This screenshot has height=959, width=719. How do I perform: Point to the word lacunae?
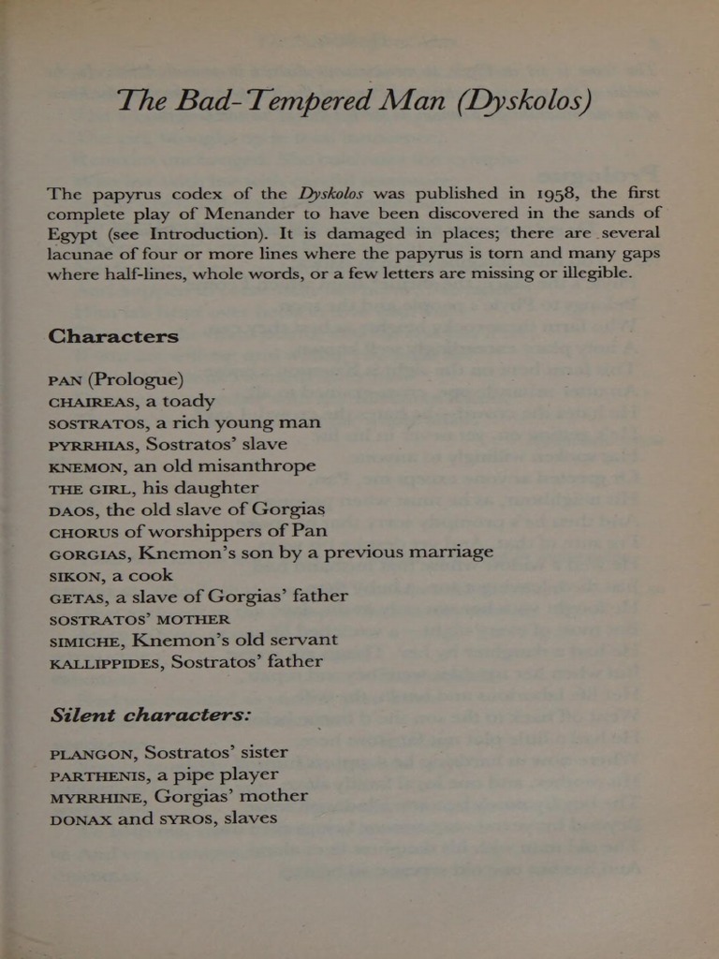(81, 254)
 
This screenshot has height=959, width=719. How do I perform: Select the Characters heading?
(112, 336)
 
